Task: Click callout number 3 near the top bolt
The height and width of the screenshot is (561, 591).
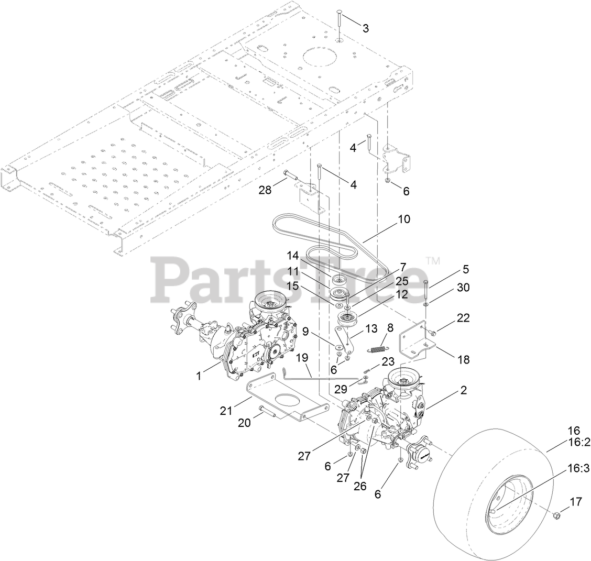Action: (x=365, y=28)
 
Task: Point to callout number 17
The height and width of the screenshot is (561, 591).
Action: (x=576, y=502)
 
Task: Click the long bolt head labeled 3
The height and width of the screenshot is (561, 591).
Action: (x=338, y=12)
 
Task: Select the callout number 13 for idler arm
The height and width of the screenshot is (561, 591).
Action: (x=371, y=329)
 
